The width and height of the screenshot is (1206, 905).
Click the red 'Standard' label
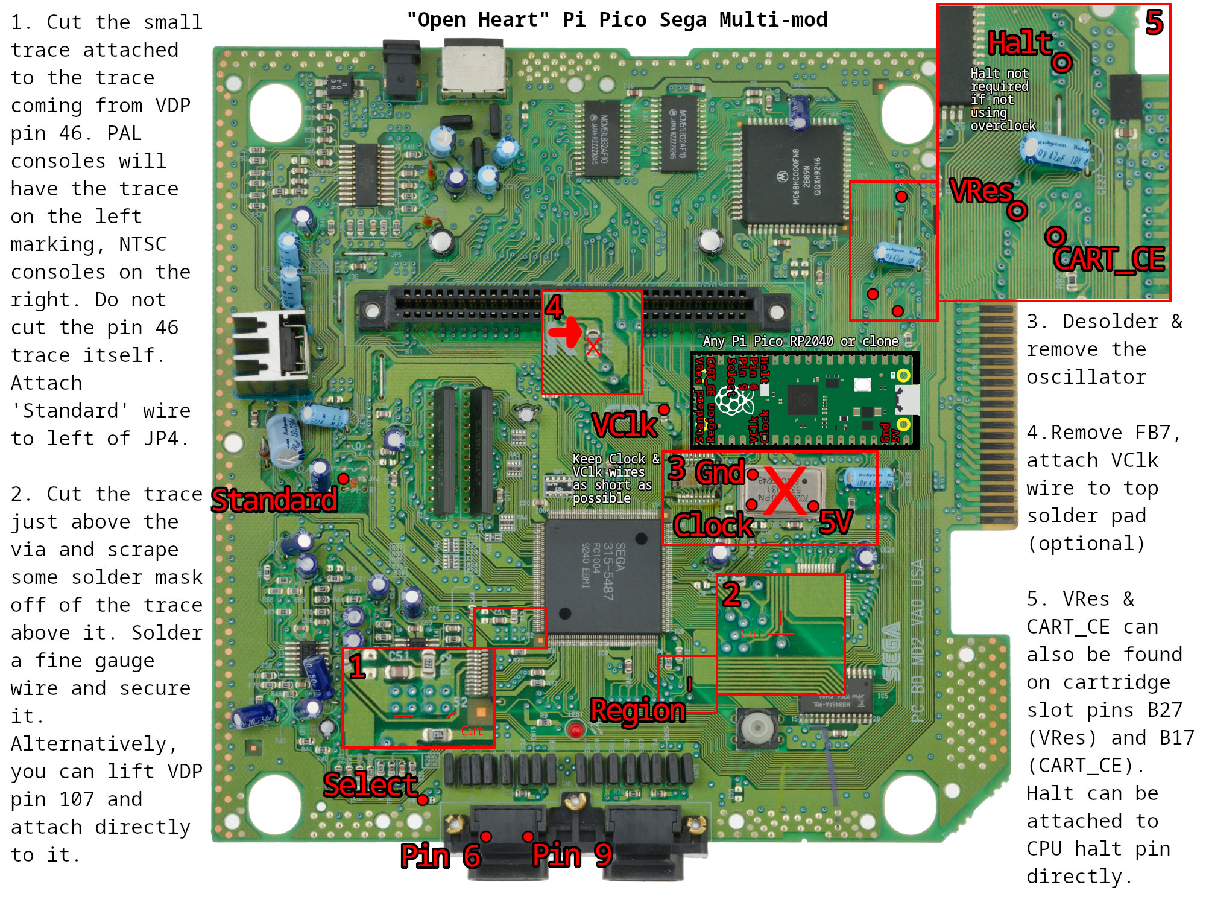tap(274, 500)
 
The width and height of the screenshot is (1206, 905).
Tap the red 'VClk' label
tap(624, 425)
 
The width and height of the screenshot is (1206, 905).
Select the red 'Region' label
tap(638, 710)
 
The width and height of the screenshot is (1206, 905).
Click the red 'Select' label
tap(370, 784)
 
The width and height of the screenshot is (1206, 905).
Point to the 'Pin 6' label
tap(440, 856)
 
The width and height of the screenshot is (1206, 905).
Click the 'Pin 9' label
tap(572, 854)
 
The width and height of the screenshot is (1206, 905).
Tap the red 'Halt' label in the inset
tap(1020, 43)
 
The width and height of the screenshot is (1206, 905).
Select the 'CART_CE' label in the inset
tap(1109, 259)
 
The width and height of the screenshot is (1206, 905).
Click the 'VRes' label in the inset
tap(981, 191)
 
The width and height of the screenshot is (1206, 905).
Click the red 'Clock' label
tap(713, 526)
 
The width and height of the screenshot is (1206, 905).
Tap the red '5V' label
tap(836, 522)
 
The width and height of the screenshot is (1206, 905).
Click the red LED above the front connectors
tap(576, 731)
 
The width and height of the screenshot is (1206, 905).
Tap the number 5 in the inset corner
tap(1154, 23)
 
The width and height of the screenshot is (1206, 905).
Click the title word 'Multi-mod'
tap(773, 20)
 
